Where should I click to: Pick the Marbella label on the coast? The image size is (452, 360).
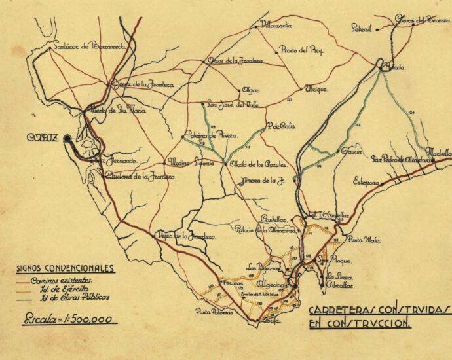click(x=439, y=153)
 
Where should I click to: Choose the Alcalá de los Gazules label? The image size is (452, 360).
click(x=255, y=164)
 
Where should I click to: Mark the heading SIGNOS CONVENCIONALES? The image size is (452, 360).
click(x=66, y=268)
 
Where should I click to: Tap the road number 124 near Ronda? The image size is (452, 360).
click(x=411, y=113)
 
